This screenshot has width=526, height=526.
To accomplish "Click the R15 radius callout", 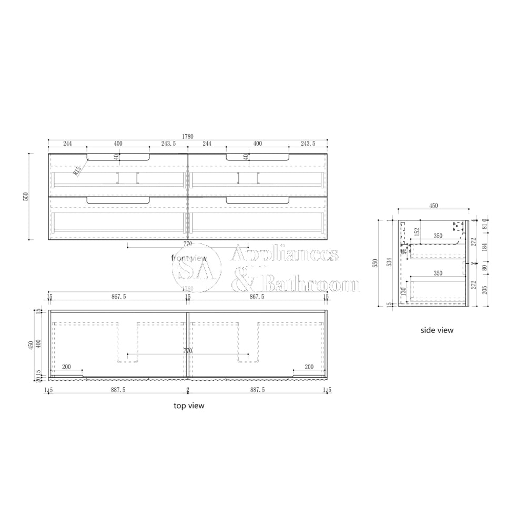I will (x=77, y=170).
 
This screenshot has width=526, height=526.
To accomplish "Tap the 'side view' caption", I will (x=437, y=330).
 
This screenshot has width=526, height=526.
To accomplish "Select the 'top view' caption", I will (x=189, y=406).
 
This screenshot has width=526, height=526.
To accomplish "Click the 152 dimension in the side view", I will (x=417, y=231).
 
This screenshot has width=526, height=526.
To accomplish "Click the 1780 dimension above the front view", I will (x=187, y=136).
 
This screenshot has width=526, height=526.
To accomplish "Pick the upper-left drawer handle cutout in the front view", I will (x=118, y=157).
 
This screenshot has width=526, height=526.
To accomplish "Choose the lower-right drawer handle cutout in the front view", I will (x=258, y=200).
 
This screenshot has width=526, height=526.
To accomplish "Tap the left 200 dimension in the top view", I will (x=66, y=367).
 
